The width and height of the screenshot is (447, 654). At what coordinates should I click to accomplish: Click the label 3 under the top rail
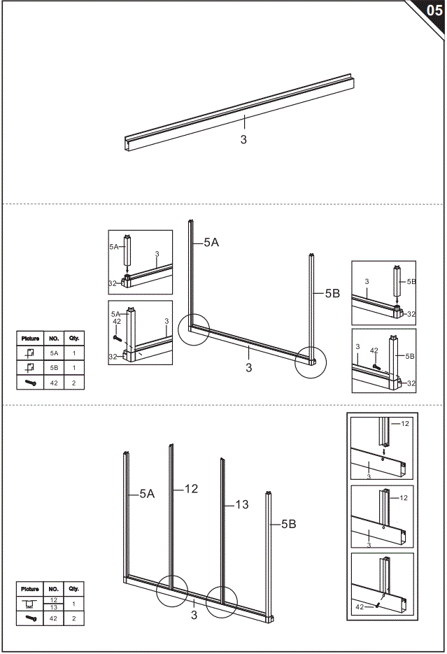point(243,140)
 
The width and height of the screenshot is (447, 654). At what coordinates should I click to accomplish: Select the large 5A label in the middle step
point(211,243)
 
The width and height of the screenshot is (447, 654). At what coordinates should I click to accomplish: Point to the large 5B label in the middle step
point(332,294)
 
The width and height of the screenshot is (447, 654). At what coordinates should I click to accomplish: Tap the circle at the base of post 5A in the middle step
point(193,329)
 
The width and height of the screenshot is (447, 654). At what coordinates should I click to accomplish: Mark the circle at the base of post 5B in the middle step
point(311,362)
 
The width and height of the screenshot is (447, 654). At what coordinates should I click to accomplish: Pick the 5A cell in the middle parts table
point(54,353)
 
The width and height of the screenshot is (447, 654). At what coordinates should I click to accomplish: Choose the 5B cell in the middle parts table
point(54,368)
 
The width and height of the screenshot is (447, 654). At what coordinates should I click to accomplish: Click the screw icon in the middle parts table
point(30,383)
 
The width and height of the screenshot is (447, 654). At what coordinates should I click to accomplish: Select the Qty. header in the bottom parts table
point(73,589)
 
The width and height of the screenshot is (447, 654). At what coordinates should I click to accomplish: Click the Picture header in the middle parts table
point(30,339)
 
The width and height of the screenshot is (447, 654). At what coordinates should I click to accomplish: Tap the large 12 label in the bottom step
point(191,489)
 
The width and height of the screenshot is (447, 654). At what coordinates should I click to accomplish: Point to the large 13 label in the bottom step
point(241,504)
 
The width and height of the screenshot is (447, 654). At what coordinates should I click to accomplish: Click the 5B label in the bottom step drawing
point(289,523)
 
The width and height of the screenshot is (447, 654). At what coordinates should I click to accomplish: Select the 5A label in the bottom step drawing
point(147,494)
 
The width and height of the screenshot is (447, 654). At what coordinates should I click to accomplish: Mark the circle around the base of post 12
point(172,591)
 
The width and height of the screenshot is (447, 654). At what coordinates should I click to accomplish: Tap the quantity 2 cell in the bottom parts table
point(73,618)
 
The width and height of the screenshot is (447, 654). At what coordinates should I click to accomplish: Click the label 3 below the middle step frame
point(249,368)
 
